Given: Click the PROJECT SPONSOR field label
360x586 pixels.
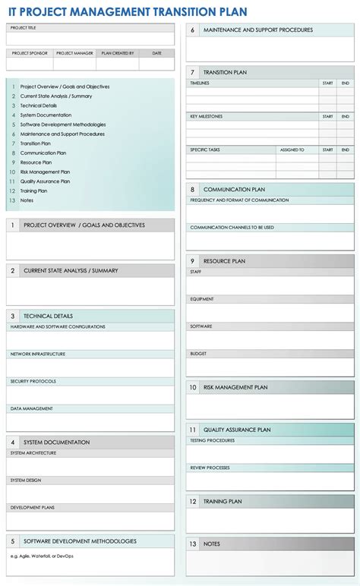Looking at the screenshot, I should [30, 53].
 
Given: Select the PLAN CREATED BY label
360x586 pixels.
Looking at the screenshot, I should [118, 53].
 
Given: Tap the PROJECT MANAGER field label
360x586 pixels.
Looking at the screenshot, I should [74, 53].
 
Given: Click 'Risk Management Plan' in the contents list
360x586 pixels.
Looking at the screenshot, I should [45, 172].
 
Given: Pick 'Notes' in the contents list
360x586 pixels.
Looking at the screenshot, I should [27, 200].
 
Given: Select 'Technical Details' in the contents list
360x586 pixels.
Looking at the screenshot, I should [39, 106].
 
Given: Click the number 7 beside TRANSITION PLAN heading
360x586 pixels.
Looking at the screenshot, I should [193, 72].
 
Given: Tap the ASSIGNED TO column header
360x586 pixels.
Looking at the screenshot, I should [292, 150].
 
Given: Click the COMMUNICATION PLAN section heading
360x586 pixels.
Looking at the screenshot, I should [234, 189].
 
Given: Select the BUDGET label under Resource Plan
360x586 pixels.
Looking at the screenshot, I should [198, 353].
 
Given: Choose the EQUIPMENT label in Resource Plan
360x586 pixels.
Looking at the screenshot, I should [202, 298].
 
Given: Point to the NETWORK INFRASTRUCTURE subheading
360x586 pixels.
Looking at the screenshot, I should [37, 354].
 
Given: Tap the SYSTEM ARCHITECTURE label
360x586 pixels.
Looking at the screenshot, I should [33, 452].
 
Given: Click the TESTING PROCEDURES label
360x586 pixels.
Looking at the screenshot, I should [212, 440].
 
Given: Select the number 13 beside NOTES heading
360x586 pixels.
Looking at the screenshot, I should [193, 543].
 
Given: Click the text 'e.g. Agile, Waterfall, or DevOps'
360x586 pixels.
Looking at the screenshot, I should [43, 555].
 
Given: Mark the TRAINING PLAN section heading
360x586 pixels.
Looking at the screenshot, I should [223, 502].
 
